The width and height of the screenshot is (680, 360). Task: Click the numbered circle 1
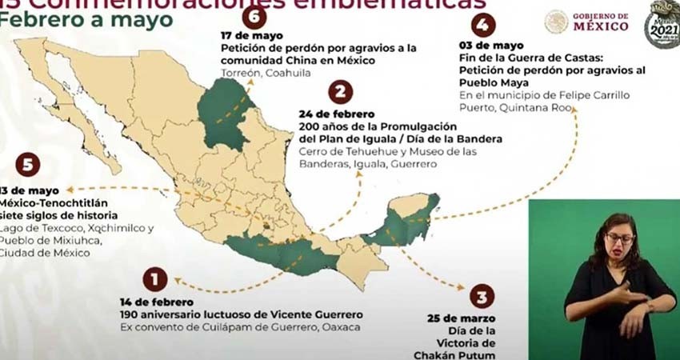tap(154, 278)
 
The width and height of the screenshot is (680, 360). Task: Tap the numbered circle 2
tap(340, 92)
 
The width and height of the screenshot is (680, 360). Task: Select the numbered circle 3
tap(481, 297)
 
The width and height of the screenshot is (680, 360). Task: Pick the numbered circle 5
tap(27, 166)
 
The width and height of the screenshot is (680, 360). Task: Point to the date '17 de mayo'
tap(248, 35)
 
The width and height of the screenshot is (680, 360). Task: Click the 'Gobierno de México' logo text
tap(600, 22)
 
